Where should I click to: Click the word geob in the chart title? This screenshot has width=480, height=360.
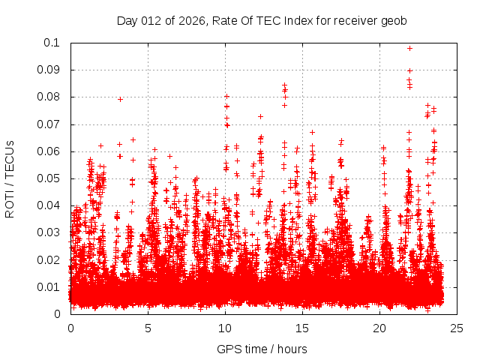(x=394, y=21)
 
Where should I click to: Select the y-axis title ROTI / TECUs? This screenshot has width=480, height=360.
(x=10, y=178)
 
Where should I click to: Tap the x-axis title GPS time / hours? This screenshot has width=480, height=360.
(x=262, y=349)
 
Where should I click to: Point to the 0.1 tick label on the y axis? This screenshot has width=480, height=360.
(x=52, y=43)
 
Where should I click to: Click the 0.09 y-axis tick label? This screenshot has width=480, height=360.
(x=49, y=70)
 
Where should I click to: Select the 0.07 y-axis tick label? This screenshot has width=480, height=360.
(x=49, y=124)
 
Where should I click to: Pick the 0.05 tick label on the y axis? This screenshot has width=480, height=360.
(x=49, y=178)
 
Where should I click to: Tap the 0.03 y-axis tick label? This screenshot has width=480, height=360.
(x=49, y=232)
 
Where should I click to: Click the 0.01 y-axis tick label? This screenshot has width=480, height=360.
(x=49, y=286)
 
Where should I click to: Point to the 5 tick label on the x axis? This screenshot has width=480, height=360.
(x=148, y=328)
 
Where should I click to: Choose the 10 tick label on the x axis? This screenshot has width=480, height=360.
(x=225, y=328)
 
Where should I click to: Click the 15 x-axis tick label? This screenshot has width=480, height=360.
(x=302, y=328)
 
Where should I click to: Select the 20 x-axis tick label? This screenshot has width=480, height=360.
(x=379, y=328)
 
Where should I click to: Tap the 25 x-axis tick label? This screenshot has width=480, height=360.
(x=457, y=328)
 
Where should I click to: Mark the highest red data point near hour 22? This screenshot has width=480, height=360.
(x=409, y=48)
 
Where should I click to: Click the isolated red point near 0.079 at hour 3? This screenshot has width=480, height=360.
(x=120, y=99)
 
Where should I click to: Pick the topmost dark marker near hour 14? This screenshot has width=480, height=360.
(x=284, y=85)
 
